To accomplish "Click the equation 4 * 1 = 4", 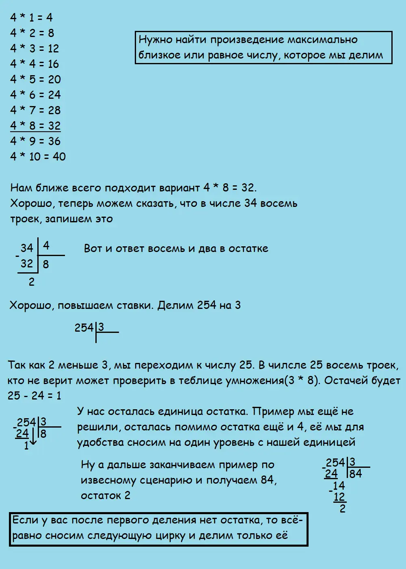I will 31,17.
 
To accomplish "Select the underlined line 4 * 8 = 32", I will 35,126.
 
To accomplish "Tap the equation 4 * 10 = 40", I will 38,156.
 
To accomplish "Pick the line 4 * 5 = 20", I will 35,79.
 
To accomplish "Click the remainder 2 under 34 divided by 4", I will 32,282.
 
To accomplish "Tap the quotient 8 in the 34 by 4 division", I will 46,265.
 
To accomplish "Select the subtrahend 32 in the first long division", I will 27,264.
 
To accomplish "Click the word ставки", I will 132,305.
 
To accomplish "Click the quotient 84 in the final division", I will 355,474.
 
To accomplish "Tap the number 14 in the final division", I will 339,486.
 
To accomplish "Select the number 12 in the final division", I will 339,497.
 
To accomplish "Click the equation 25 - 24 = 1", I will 35,395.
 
